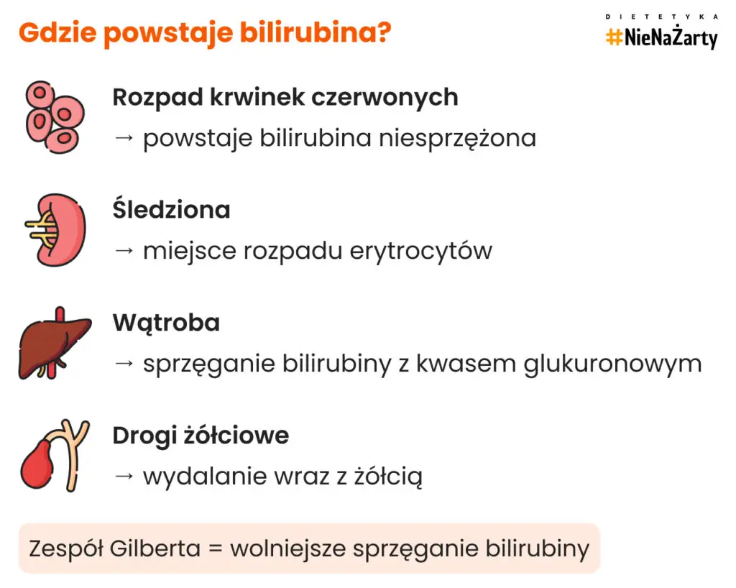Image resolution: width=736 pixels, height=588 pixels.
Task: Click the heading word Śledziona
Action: (171, 210)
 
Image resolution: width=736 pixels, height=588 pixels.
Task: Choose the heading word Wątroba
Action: (166, 323)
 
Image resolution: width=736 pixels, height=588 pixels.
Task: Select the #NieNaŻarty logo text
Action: (661, 37)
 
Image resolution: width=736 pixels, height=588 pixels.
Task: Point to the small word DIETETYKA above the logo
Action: (661, 16)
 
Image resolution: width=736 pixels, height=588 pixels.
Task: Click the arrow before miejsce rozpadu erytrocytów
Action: (124, 252)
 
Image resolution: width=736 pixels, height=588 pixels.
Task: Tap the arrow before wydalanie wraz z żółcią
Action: (124, 477)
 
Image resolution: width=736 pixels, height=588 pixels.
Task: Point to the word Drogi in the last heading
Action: (140, 436)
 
